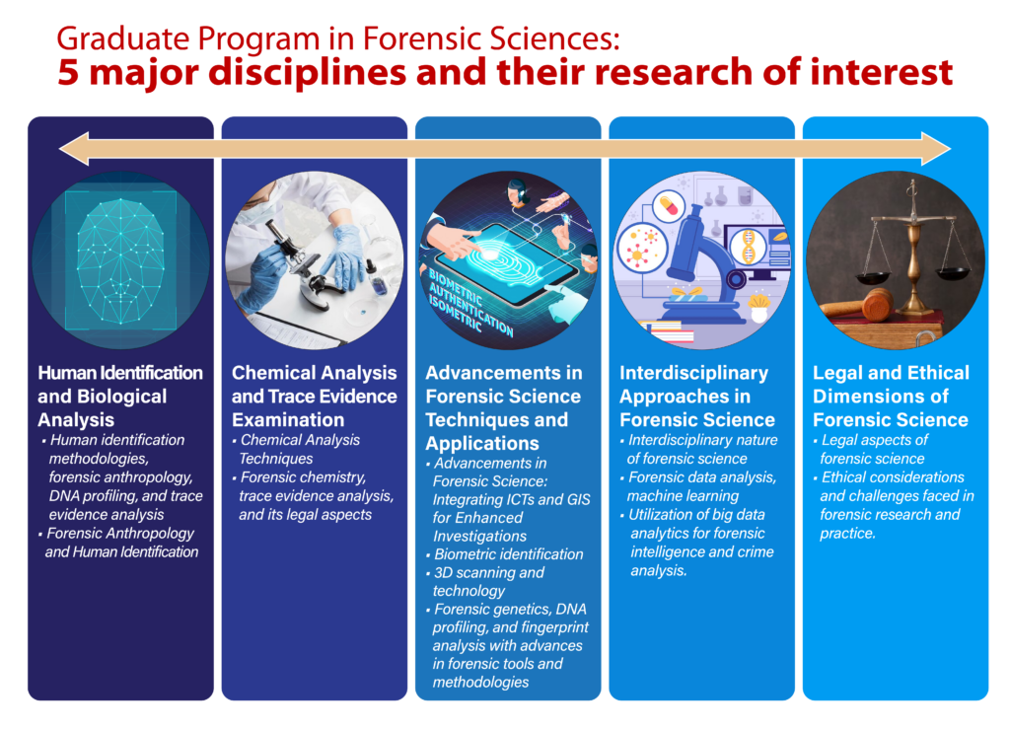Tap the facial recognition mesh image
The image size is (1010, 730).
coord(120,260)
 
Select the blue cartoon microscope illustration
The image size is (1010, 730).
coord(701,264)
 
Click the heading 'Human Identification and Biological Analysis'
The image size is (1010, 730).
coord(119,397)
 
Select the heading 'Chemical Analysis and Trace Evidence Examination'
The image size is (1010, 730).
coord(315,397)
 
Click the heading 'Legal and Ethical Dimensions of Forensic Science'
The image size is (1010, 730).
coord(891,397)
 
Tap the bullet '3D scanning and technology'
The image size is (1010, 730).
coord(485,581)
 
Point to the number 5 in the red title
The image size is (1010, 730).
coord(68,72)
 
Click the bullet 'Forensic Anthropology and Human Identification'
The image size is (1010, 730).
coord(118,543)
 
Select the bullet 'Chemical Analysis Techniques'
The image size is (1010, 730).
coord(296,449)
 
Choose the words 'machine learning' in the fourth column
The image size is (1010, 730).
coord(683,496)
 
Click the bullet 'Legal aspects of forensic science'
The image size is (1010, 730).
coord(870,449)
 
